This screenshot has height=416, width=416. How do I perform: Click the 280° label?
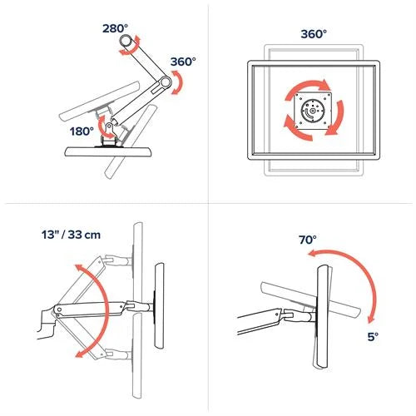click(116, 27)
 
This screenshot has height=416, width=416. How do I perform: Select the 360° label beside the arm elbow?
click(182, 62)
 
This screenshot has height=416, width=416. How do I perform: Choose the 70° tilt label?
click(308, 240)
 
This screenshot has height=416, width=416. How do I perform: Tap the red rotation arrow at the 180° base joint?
click(104, 126)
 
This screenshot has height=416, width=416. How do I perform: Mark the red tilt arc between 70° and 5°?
click(359, 277)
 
